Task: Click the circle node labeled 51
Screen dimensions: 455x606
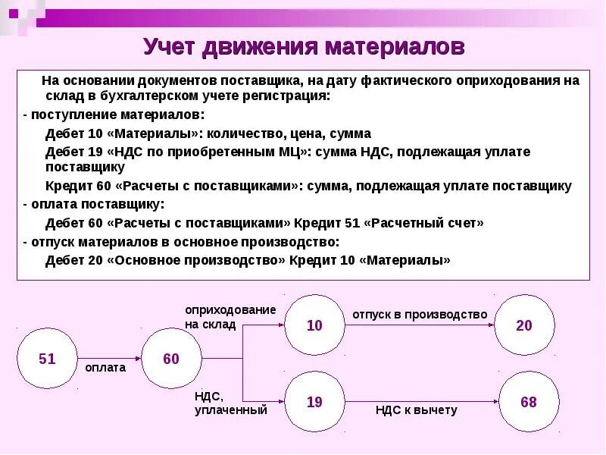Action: [x=47, y=359]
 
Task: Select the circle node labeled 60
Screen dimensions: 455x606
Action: [x=171, y=359]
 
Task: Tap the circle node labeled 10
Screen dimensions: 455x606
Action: [x=314, y=325]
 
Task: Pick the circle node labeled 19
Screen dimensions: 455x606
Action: [x=314, y=402]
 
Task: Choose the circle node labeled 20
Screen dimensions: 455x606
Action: [x=524, y=325]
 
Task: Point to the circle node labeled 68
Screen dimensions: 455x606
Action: [x=528, y=402]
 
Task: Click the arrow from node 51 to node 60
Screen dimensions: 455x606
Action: [x=109, y=357]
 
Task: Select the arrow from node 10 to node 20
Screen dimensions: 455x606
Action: [x=420, y=324]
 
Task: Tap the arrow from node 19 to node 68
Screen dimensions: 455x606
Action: [x=421, y=400]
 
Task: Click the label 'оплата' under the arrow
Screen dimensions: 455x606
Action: [x=105, y=368]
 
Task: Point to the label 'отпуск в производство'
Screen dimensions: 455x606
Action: [x=419, y=314]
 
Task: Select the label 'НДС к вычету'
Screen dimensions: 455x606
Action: [x=417, y=410]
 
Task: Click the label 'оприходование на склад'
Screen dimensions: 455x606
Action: [x=230, y=317]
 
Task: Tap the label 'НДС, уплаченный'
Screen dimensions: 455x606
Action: [x=230, y=403]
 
